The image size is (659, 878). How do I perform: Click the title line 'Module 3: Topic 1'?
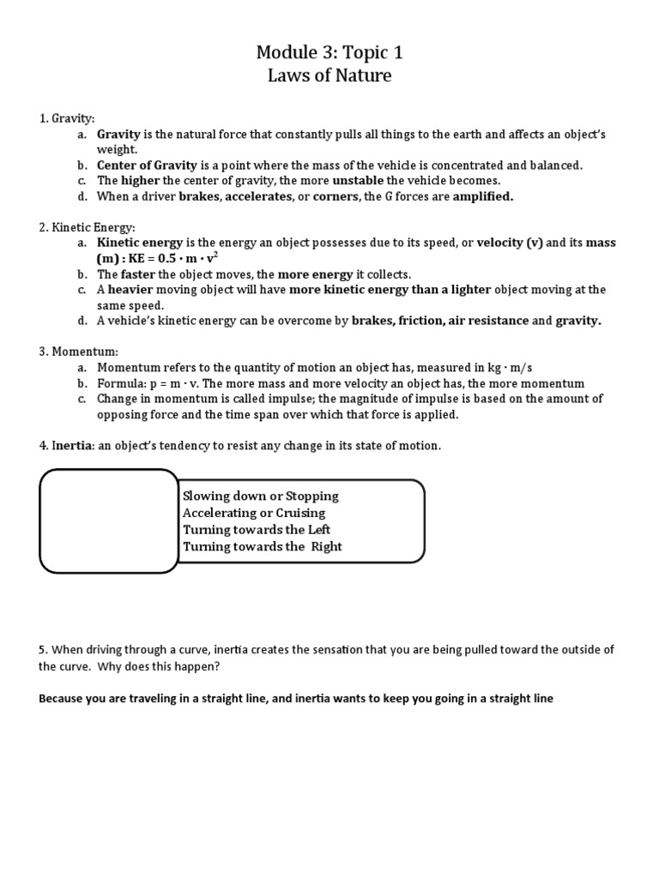pos(329,53)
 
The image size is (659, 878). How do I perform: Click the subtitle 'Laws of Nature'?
pos(329,75)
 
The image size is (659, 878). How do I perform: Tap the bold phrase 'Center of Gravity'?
pos(147,165)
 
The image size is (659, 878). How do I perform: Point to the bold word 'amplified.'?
pos(482,195)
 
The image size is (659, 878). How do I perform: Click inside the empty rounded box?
pos(109,520)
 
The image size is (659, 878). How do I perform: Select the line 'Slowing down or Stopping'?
pos(261,496)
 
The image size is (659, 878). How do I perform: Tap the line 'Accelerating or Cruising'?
pos(254,513)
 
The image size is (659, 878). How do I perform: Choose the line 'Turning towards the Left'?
pos(257,529)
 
